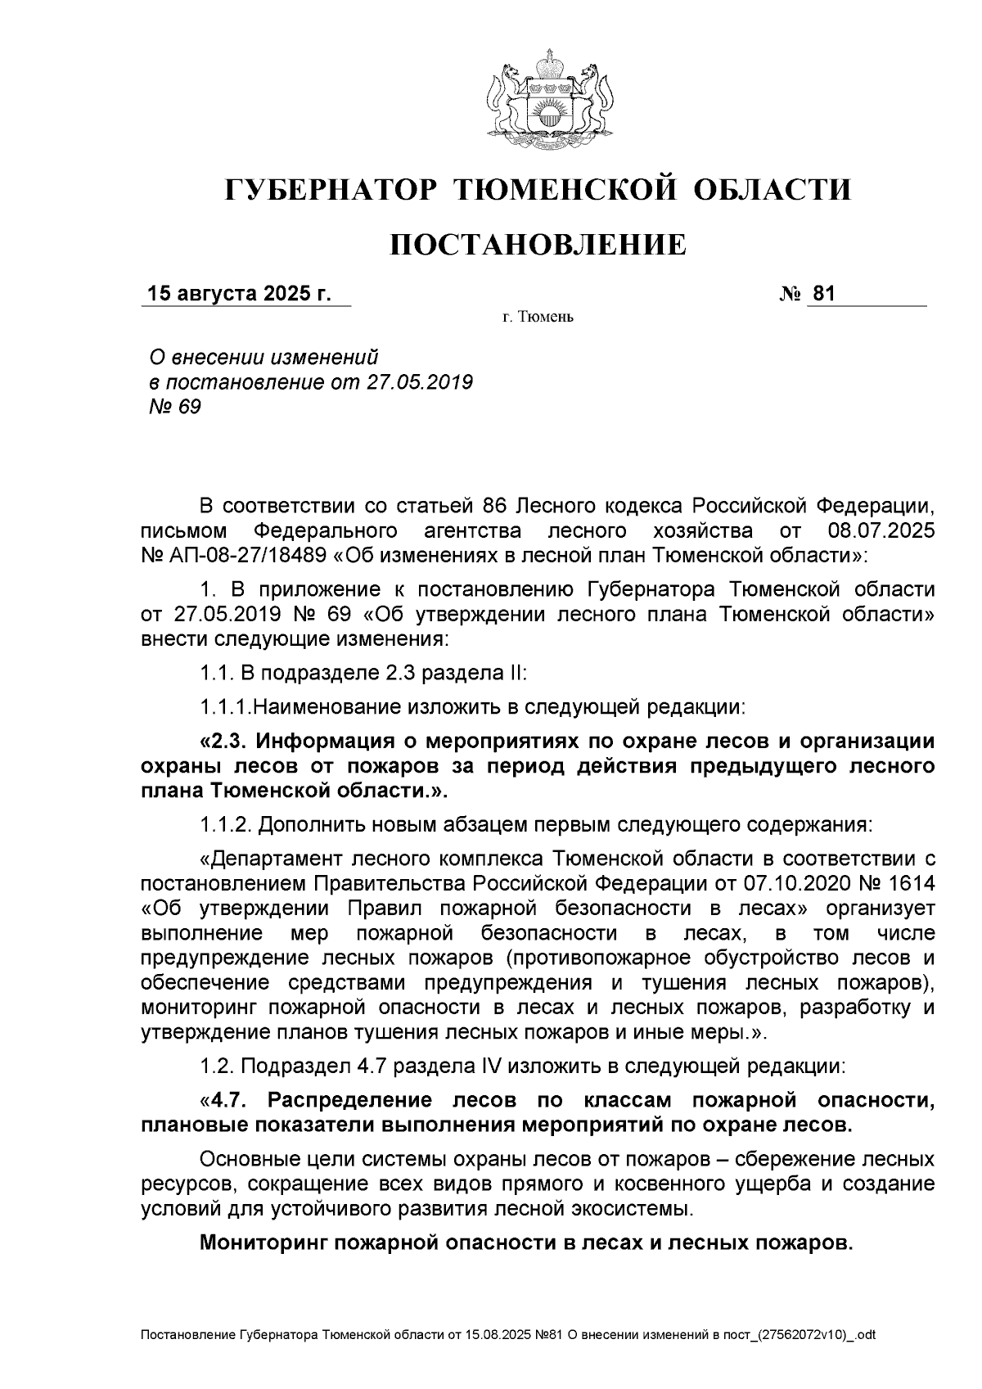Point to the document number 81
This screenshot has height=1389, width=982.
[823, 294]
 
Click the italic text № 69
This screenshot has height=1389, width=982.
[173, 407]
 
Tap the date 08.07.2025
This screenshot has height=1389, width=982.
[881, 530]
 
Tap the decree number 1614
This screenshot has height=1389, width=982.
[909, 883]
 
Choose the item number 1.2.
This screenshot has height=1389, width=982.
[217, 1067]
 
